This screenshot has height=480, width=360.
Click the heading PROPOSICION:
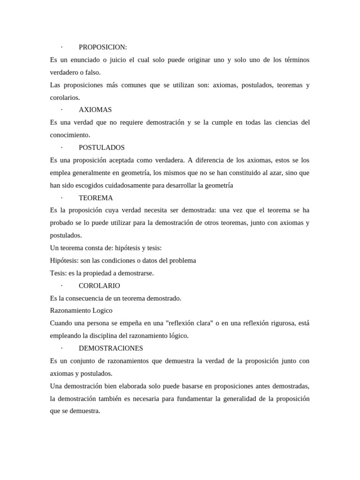(103, 47)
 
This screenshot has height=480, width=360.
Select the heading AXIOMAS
(95, 110)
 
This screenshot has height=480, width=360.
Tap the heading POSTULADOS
(102, 148)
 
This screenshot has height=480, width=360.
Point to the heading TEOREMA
(96, 198)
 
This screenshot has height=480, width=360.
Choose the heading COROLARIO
(99, 285)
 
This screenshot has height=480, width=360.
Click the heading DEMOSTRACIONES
(111, 348)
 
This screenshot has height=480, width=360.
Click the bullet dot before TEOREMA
(61, 198)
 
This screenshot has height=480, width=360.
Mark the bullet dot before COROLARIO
(61, 285)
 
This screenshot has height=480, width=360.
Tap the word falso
(92, 73)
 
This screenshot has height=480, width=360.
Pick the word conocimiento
(69, 135)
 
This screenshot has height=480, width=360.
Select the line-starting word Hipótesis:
(64, 260)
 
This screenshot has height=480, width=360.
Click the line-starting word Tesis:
(58, 273)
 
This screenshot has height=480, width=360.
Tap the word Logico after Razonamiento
(102, 310)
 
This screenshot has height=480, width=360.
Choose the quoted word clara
(207, 323)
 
